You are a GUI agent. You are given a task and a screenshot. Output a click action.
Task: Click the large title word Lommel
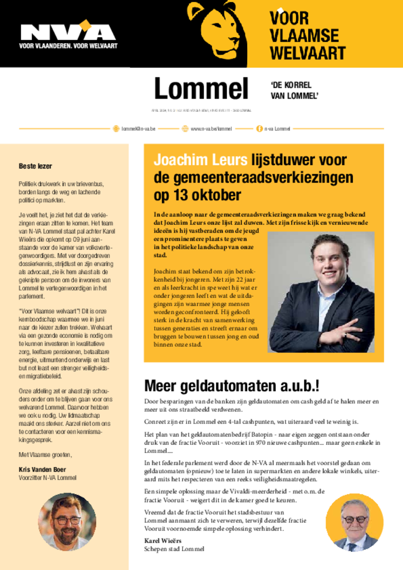click(201, 89)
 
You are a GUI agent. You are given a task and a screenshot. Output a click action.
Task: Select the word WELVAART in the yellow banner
click(308, 53)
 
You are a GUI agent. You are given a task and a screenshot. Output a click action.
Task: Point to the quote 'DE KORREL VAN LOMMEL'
click(294, 90)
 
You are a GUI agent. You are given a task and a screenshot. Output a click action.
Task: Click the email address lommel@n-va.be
click(138, 129)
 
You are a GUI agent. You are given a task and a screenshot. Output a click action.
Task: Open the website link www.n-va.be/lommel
click(211, 129)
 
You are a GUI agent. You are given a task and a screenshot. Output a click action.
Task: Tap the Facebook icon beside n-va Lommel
click(259, 129)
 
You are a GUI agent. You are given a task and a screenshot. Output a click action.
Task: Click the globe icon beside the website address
click(185, 129)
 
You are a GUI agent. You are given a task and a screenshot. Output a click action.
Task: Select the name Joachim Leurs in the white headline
click(200, 161)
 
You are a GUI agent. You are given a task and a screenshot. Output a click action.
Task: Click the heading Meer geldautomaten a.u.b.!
click(232, 386)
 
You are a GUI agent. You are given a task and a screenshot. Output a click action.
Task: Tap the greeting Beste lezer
click(36, 166)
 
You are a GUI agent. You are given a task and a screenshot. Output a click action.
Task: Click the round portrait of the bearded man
click(67, 522)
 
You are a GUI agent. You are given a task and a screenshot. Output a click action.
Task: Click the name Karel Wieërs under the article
click(163, 540)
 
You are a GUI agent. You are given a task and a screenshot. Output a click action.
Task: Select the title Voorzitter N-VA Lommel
click(47, 478)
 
